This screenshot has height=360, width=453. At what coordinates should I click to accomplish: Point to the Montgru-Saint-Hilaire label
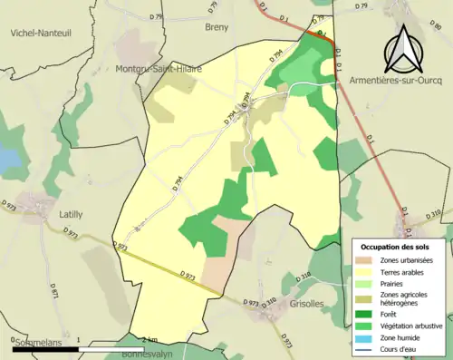pos(159,69)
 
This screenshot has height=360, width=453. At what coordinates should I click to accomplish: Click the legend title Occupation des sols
pos(395,247)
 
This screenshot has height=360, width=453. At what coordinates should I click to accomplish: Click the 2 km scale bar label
pos(137,339)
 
